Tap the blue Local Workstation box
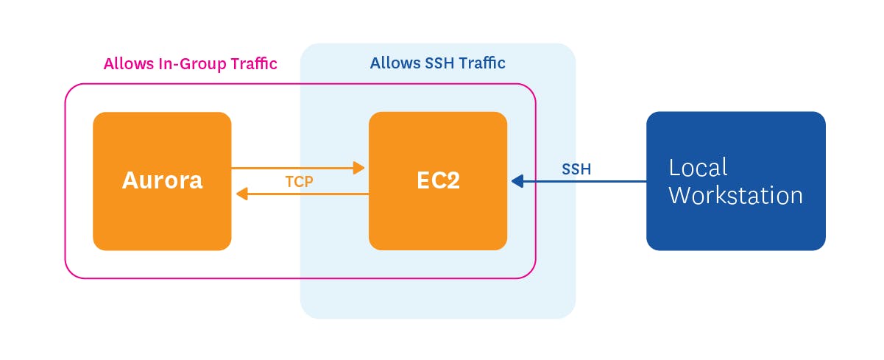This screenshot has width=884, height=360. pyautogui.click(x=735, y=221)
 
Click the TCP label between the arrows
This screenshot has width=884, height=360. pyautogui.click(x=300, y=181)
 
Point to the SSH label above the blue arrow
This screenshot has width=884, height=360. pyautogui.click(x=576, y=169)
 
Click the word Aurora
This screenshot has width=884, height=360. pyautogui.click(x=162, y=180)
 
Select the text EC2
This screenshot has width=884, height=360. pyautogui.click(x=437, y=181)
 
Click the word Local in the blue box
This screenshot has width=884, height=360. pyautogui.click(x=698, y=168)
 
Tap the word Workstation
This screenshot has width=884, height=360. pyautogui.click(x=735, y=196)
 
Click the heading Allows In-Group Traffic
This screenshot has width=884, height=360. pyautogui.click(x=190, y=64)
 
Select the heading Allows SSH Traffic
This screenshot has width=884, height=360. pyautogui.click(x=437, y=63)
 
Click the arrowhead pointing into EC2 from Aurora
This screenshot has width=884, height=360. pyautogui.click(x=359, y=168)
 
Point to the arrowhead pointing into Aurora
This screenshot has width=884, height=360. pyautogui.click(x=241, y=194)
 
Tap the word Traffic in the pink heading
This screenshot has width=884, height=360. pyautogui.click(x=252, y=64)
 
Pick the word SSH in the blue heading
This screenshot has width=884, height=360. pyautogui.click(x=440, y=63)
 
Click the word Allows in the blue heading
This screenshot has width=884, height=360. pyautogui.click(x=393, y=63)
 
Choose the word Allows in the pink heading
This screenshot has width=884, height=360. pyautogui.click(x=127, y=64)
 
